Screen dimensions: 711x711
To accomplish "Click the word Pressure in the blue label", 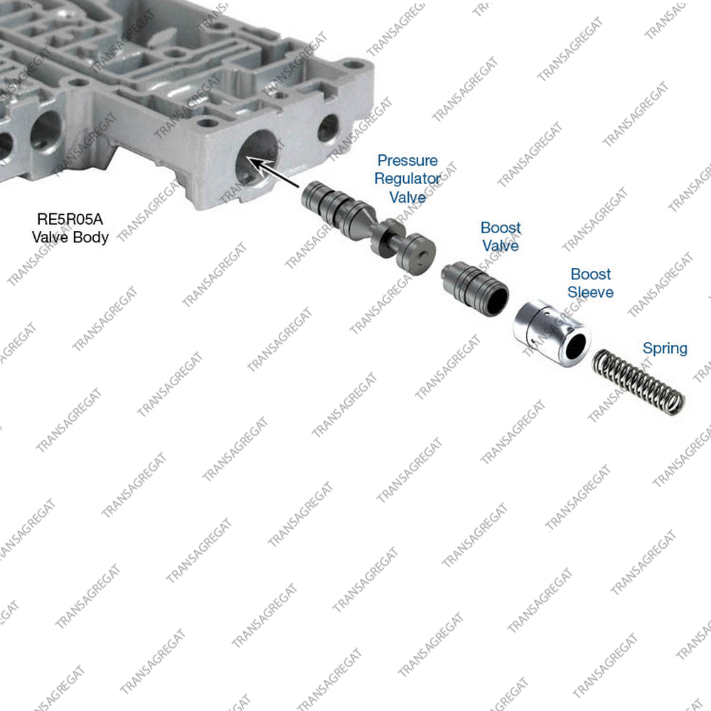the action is [x=407, y=161].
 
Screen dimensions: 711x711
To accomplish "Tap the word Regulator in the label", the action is [x=407, y=178].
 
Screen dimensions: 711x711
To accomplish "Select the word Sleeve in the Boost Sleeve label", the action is [x=590, y=292].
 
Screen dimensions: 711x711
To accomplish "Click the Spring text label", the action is [x=665, y=348].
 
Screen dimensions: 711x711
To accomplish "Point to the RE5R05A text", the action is [x=70, y=219].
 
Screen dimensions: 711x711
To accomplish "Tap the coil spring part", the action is [x=638, y=381].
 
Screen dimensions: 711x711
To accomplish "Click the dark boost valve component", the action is [x=475, y=289].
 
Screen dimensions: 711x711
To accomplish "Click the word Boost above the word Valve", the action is [x=501, y=228].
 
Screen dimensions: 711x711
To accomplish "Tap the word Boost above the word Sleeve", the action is [x=590, y=274].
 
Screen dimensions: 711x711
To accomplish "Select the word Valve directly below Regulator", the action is [x=407, y=197].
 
